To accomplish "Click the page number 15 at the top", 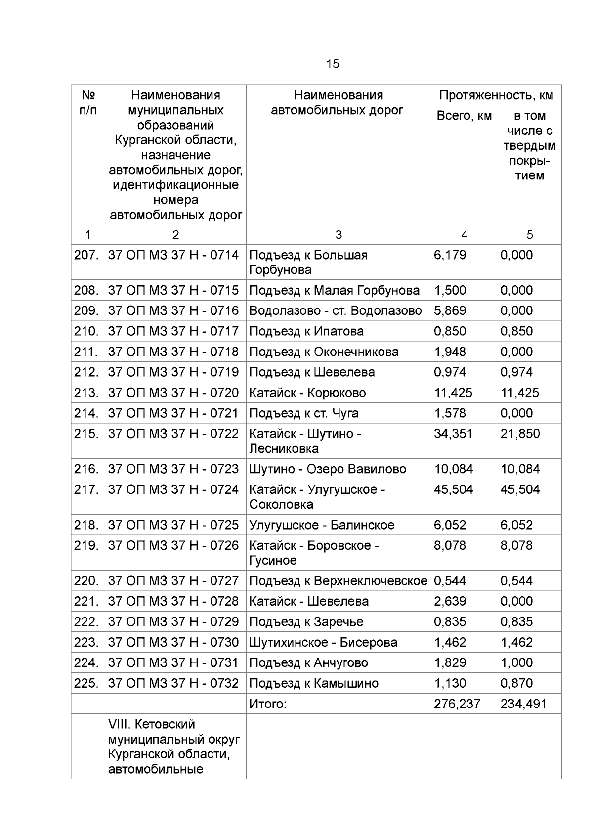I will [x=332, y=64].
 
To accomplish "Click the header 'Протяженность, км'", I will [x=496, y=95].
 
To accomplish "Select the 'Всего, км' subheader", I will [x=464, y=116].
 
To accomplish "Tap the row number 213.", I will [x=86, y=393].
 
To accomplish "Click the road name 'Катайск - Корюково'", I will [x=307, y=393].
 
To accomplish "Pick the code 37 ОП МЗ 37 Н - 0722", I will [x=173, y=434].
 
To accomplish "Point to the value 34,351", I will [x=453, y=434].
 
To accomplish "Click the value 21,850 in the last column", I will [x=520, y=434].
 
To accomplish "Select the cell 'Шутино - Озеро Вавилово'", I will [x=328, y=469].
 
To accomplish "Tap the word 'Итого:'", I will [x=268, y=704].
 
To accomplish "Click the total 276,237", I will [x=457, y=704].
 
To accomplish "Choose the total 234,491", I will [x=523, y=704].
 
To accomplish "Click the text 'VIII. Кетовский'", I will [x=152, y=724].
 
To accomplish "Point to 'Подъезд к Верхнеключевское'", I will [x=338, y=580].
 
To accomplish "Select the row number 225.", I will [x=86, y=683].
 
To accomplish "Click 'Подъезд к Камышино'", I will [x=314, y=683].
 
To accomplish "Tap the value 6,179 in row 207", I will [x=450, y=255].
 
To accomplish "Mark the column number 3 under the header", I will [x=339, y=235].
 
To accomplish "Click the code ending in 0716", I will [x=173, y=310].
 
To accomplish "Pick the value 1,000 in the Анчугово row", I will [x=516, y=662].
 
